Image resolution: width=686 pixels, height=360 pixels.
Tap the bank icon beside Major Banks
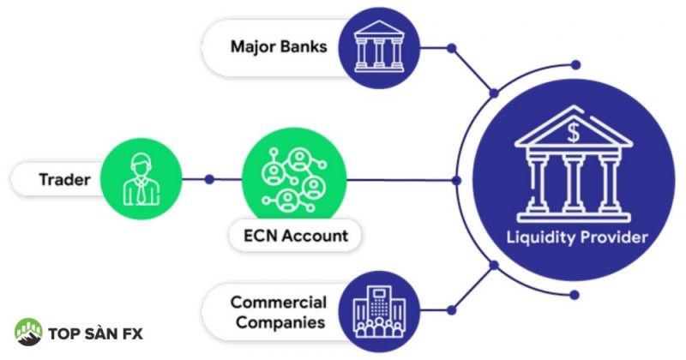pos(378,45)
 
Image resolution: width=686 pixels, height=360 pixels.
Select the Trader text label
pos(65,180)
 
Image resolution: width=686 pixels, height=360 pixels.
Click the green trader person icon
pos(141,180)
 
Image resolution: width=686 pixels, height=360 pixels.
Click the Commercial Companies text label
pos(278,313)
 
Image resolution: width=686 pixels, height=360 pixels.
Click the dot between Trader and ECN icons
pos(209,180)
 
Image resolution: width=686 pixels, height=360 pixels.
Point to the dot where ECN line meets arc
pos(456,180)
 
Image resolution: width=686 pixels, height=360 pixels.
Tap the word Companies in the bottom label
pos(278,323)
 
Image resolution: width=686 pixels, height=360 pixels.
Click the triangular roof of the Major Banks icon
pos(378,28)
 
